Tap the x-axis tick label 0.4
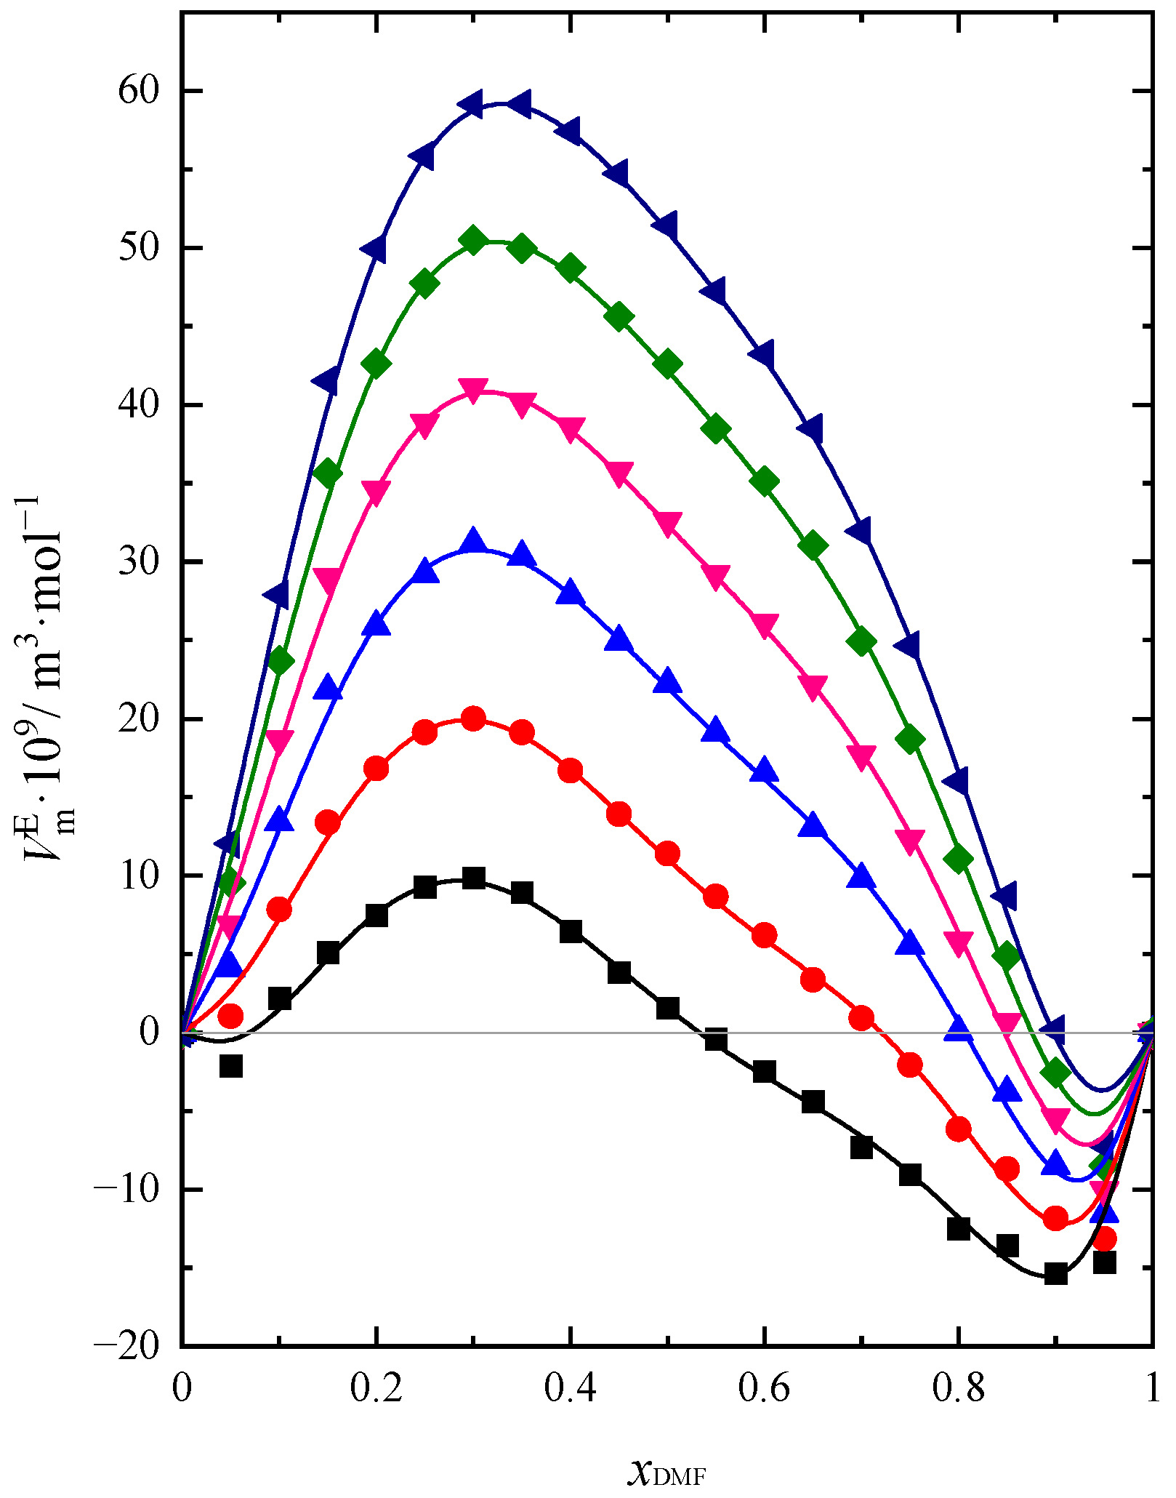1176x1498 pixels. pyautogui.click(x=570, y=1390)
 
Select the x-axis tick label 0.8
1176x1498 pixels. pyautogui.click(x=958, y=1390)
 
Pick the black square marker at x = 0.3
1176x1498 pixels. pyautogui.click(x=473, y=878)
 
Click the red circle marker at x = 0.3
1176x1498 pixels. pyautogui.click(x=473, y=719)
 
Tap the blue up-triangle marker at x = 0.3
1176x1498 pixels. pyautogui.click(x=474, y=542)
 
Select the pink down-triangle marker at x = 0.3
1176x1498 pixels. pyautogui.click(x=473, y=389)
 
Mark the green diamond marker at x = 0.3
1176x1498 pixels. pyautogui.click(x=473, y=240)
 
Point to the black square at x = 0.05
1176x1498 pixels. pyautogui.click(x=230, y=1066)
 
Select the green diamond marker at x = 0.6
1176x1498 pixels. pyautogui.click(x=764, y=481)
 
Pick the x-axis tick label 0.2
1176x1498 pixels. pyautogui.click(x=376, y=1390)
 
